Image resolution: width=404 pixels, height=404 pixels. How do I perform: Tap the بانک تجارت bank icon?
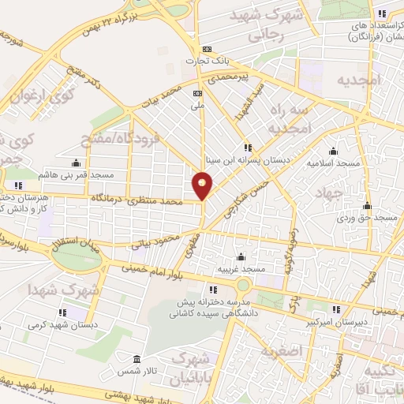(x=208, y=48)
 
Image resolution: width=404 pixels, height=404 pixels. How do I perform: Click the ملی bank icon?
(x=197, y=92)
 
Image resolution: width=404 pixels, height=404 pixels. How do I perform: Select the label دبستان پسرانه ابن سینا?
(x=249, y=158)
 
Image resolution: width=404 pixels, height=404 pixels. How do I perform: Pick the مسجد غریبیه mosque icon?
(x=240, y=257)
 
